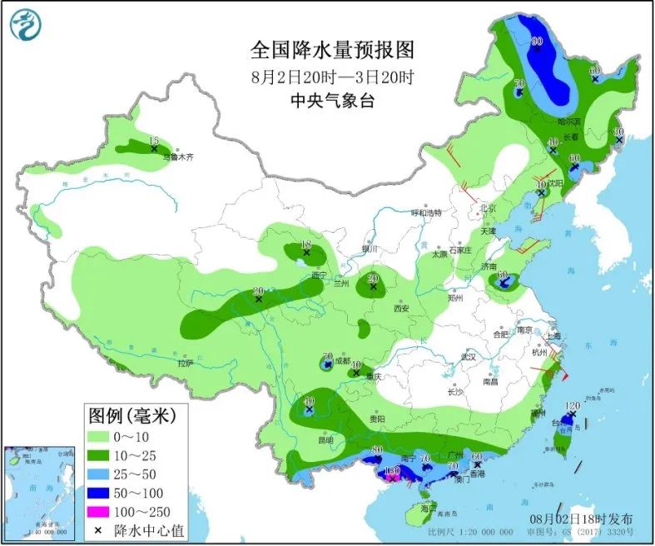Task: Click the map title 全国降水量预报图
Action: coord(332,51)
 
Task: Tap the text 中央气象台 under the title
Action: coord(332,101)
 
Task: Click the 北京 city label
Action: coord(488,208)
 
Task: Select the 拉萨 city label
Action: coord(185,362)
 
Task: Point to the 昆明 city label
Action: coord(324,439)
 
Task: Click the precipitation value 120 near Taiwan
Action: coord(572,405)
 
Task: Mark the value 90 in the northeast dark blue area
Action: coord(537,42)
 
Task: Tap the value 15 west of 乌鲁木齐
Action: coord(153,141)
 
